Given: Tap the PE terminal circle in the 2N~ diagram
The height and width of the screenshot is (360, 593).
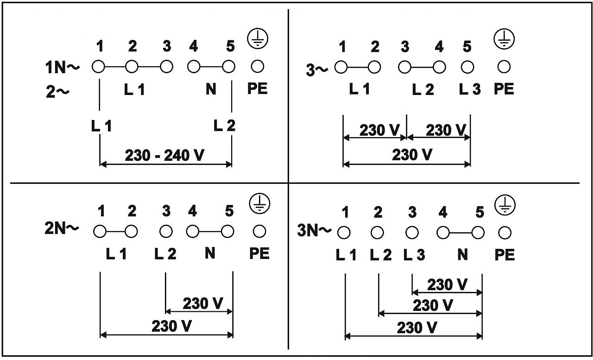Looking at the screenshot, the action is click(x=259, y=230).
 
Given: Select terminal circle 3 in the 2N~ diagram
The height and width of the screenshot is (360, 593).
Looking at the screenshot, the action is click(x=166, y=230).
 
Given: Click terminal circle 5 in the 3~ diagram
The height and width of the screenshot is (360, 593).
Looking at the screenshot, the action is click(x=467, y=67).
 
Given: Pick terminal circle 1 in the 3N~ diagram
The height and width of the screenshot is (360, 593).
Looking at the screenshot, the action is click(x=344, y=232).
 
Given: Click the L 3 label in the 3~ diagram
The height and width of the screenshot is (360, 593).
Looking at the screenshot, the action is click(x=470, y=89).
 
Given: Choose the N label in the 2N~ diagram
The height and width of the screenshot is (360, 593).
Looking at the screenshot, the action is click(x=210, y=253).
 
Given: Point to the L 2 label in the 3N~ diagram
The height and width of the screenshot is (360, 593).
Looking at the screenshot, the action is click(x=381, y=254).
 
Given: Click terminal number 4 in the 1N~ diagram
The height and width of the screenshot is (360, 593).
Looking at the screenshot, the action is click(x=193, y=46).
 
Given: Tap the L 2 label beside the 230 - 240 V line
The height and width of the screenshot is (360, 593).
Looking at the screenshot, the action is click(x=224, y=125).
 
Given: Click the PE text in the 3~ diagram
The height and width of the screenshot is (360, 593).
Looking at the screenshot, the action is click(x=504, y=89).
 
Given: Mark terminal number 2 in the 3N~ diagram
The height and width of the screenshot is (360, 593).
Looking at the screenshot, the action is click(x=378, y=213).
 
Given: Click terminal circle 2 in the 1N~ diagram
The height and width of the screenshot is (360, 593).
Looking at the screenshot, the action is click(x=132, y=67).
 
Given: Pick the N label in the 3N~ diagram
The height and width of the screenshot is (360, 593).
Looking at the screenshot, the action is click(x=462, y=254).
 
